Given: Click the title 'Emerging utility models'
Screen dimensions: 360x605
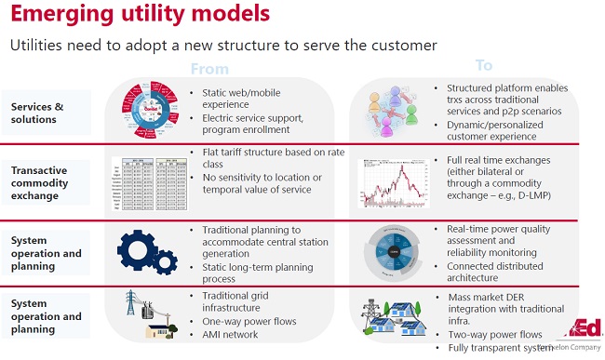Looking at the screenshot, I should (141, 15).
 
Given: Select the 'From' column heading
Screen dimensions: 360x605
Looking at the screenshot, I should (208, 68).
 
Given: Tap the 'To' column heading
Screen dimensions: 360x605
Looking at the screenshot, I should (484, 66).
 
